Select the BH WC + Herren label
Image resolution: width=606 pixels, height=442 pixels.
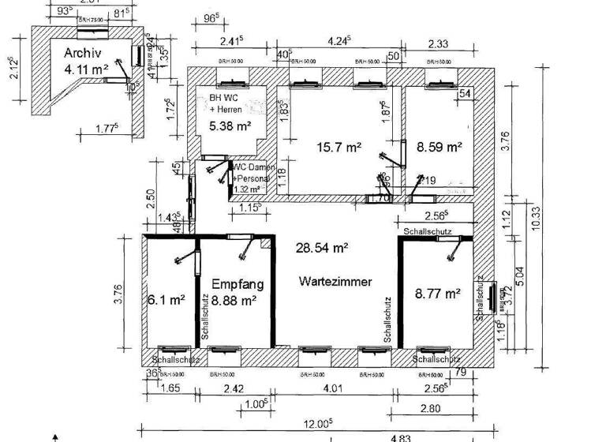click(225, 103)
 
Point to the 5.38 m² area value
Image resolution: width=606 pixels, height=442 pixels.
click(230, 125)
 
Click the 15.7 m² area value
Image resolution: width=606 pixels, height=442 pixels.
click(339, 147)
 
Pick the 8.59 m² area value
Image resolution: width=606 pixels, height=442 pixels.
click(440, 146)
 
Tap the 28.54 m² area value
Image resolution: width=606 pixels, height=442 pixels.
click(322, 248)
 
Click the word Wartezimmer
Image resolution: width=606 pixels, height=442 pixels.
click(335, 281)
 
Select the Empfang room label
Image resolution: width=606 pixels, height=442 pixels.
click(238, 284)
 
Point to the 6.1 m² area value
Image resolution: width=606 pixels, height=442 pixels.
click(166, 300)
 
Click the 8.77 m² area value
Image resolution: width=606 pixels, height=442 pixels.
click(438, 294)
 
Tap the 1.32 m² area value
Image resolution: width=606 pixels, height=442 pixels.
click(247, 189)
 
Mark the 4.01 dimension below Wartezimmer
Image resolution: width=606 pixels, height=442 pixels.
click(335, 388)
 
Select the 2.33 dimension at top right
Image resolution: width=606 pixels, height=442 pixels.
click(439, 45)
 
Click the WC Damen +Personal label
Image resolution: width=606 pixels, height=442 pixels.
click(252, 174)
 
